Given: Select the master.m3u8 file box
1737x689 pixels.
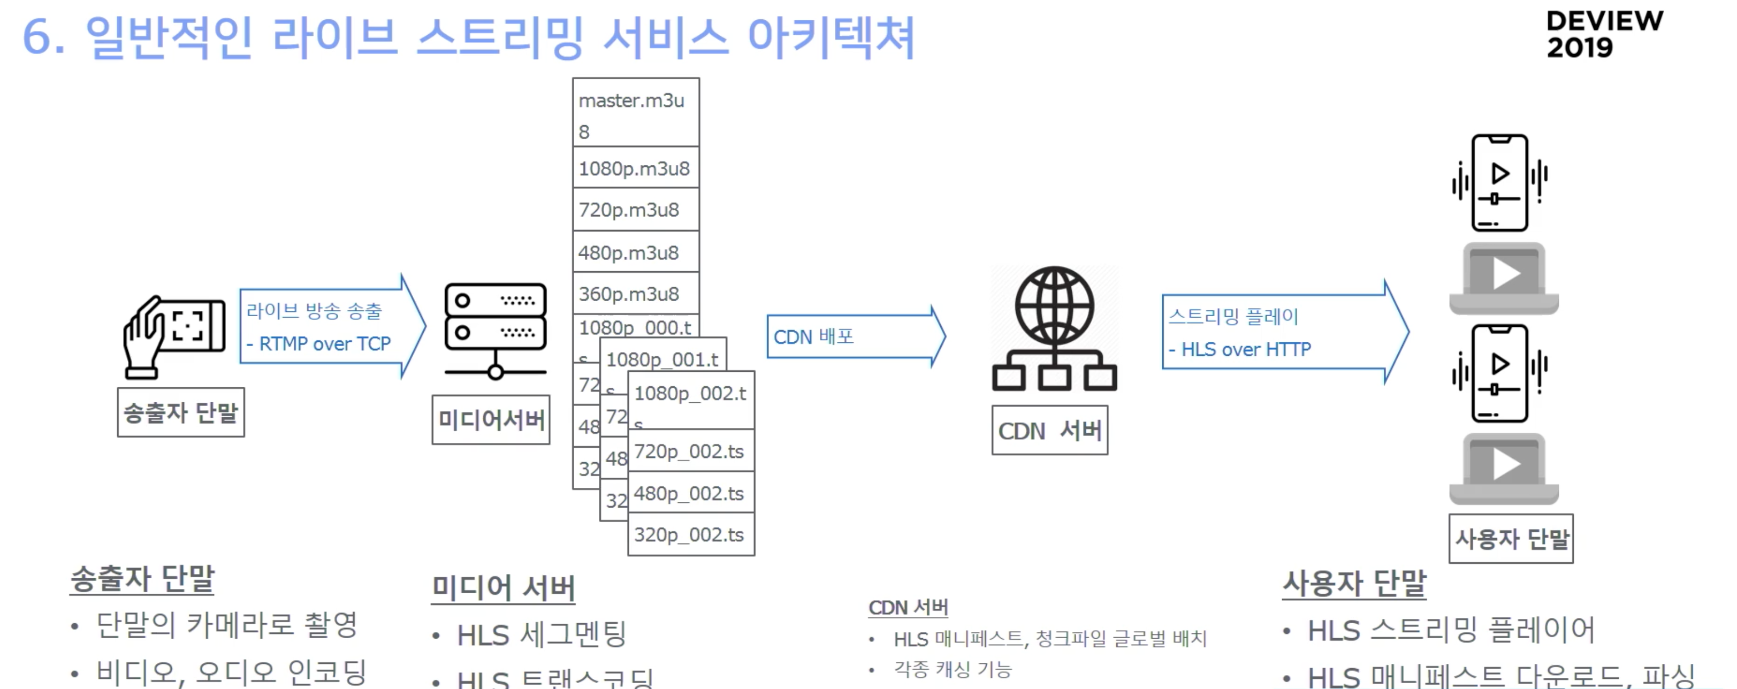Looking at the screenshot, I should [635, 112].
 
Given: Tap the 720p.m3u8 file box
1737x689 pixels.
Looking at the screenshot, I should [635, 210].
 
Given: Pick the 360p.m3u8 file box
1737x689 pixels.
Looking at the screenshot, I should [635, 294].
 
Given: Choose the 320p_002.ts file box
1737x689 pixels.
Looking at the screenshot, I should [690, 534].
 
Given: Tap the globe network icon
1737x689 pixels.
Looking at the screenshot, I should [1054, 328].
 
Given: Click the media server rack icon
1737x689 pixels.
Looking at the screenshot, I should [495, 331].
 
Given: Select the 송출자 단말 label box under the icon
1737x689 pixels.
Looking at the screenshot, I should [181, 412].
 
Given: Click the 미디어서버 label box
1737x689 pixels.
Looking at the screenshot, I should [491, 420].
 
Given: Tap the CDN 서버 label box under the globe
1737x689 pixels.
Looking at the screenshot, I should [1049, 430].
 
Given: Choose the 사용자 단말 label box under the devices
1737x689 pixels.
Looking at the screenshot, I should [1511, 539].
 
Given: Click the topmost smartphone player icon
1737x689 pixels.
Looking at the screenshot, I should [1499, 183].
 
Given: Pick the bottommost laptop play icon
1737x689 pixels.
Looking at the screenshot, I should [1504, 469].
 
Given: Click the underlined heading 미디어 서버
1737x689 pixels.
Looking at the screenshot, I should [503, 588].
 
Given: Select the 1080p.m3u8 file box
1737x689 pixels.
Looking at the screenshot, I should [635, 168].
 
